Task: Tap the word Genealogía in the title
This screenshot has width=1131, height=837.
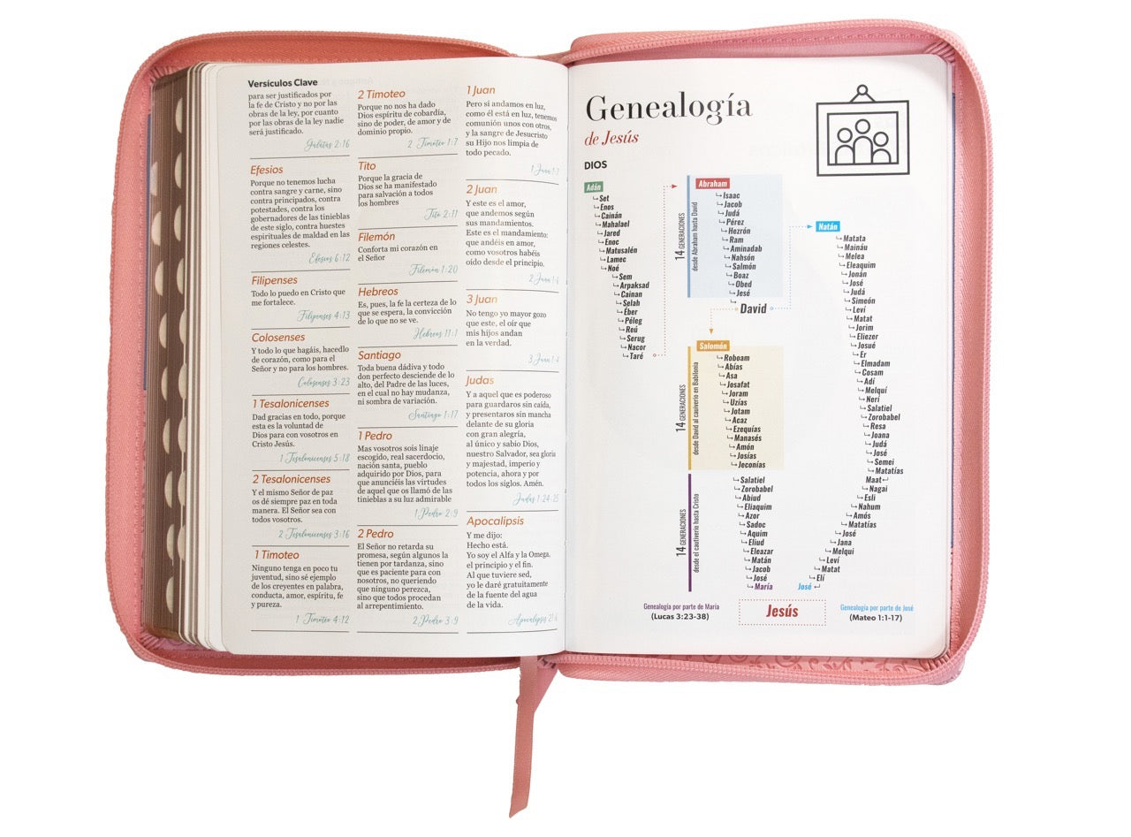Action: click(668, 108)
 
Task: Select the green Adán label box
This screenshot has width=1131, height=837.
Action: click(593, 186)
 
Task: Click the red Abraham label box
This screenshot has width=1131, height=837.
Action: click(712, 184)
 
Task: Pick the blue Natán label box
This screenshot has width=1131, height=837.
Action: click(827, 226)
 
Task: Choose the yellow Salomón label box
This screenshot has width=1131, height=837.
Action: click(712, 346)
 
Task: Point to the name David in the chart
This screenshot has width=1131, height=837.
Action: click(753, 308)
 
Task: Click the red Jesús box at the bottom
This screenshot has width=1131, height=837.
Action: click(781, 611)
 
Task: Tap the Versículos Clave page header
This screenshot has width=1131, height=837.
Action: click(283, 83)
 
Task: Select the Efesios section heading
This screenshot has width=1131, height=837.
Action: click(267, 170)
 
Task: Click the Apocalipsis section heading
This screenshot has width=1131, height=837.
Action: click(495, 521)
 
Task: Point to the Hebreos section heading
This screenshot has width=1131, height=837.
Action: click(378, 291)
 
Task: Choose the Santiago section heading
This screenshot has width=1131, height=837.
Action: click(379, 355)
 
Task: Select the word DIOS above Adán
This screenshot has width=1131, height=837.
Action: click(596, 165)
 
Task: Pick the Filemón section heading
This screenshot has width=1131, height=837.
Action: click(376, 237)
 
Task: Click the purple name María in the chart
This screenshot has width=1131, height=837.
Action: click(763, 586)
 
